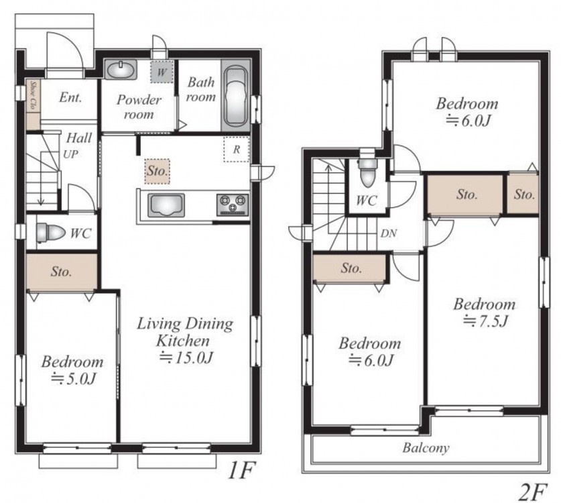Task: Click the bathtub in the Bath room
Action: coord(235,96)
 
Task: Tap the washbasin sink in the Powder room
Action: coord(121,69)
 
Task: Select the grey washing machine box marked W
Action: coord(162,72)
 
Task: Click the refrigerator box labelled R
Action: coord(236,150)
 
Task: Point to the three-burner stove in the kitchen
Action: coord(232,205)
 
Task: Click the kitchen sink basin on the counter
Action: coord(166,205)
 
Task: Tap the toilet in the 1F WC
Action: coord(50,232)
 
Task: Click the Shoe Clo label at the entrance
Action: coord(34,96)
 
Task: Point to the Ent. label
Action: coord(70,97)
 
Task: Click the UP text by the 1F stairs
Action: coord(71,154)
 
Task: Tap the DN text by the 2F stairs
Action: coord(389,233)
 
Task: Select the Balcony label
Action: coord(426,448)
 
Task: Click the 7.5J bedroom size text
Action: coord(485,321)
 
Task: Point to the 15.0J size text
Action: coord(187,357)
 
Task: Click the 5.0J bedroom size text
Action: coord(73,378)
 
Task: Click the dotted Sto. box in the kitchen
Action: coord(157,171)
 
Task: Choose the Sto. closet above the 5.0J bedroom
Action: coord(62,272)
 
